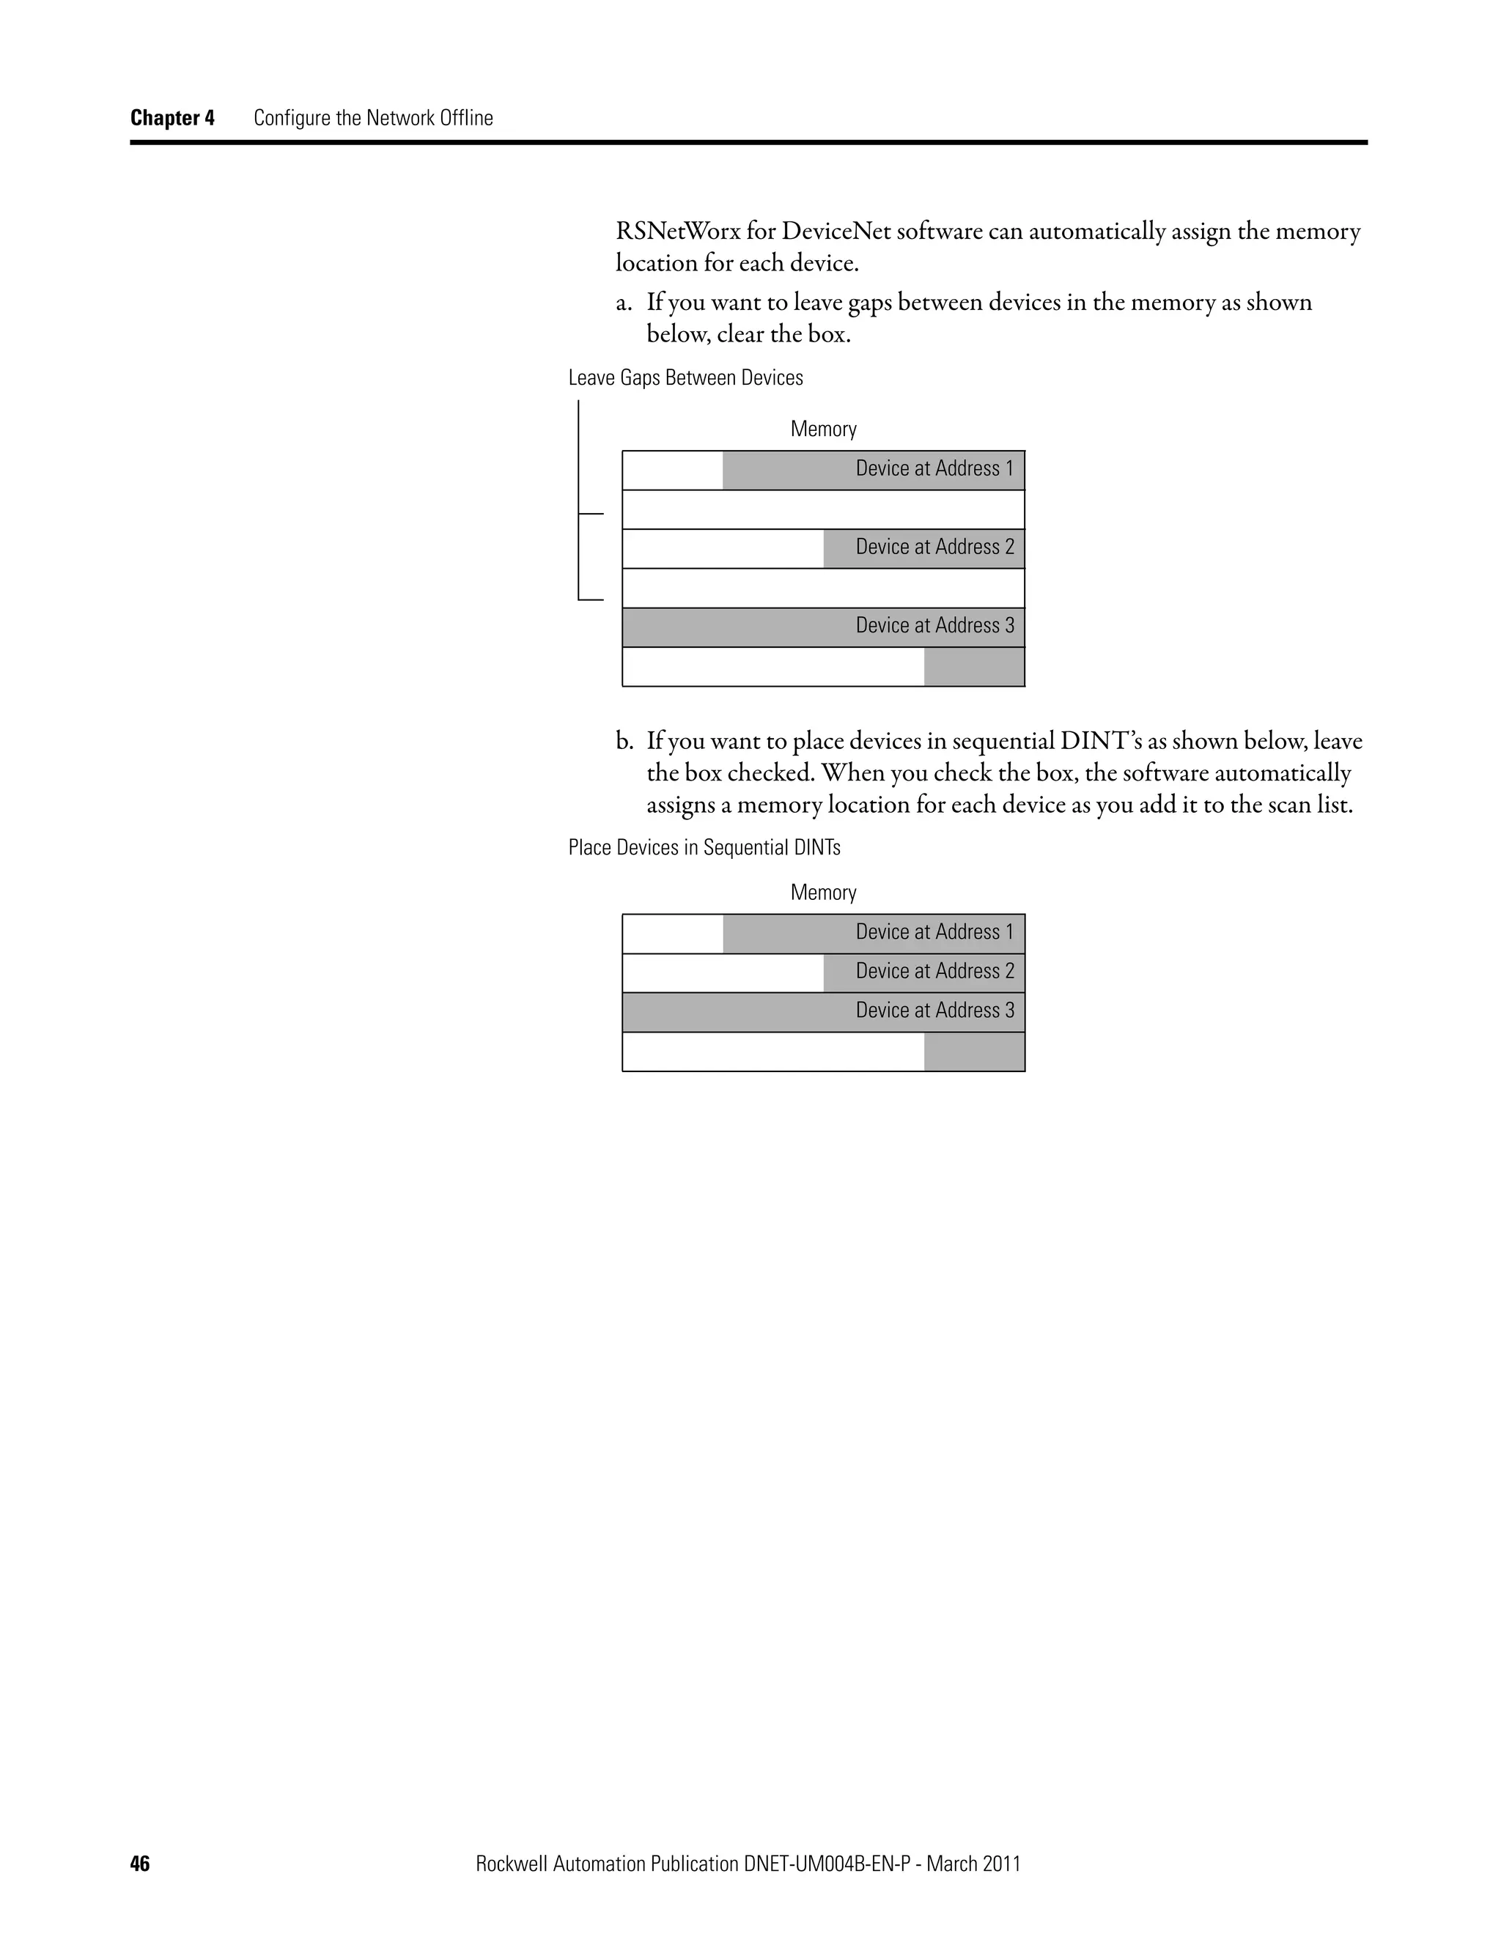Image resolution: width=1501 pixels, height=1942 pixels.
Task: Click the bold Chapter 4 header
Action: [172, 118]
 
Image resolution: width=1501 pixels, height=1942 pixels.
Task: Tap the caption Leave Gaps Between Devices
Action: [685, 378]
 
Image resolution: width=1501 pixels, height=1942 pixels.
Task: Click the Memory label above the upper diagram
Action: [823, 429]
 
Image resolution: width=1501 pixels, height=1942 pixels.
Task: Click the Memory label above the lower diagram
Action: [823, 893]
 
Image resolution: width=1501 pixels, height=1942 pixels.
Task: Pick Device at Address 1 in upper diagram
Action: [934, 468]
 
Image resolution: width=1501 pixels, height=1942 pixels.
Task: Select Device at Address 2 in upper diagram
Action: [934, 547]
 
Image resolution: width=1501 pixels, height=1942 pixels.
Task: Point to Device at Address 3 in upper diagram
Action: [934, 626]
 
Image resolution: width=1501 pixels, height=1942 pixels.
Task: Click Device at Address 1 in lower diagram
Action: [934, 932]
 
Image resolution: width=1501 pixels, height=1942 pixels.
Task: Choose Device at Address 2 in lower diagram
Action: [934, 971]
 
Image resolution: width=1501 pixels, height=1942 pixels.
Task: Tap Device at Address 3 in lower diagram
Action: [934, 1010]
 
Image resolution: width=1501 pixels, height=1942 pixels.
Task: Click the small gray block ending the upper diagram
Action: [974, 667]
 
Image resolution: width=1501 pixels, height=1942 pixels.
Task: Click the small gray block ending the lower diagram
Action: [974, 1052]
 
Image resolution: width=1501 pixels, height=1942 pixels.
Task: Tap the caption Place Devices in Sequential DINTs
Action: [704, 847]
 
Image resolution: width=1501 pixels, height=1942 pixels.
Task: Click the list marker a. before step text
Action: [624, 303]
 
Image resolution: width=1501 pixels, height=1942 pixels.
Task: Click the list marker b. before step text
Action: [624, 741]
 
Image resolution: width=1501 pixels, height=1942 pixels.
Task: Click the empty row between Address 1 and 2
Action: [823, 509]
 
